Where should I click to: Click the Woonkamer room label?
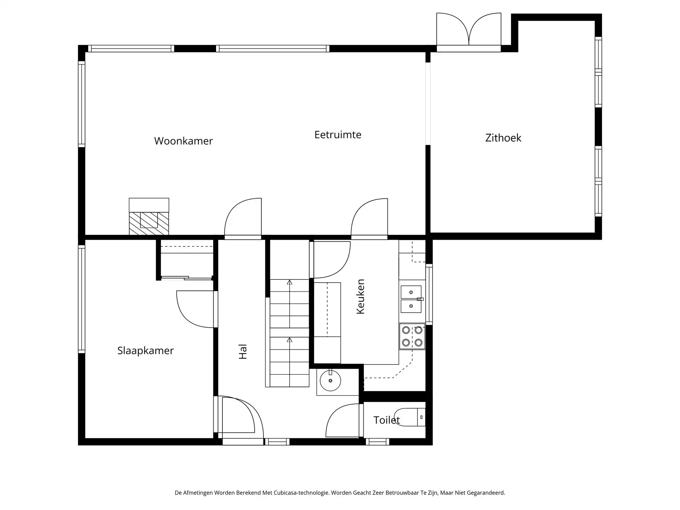pyautogui.click(x=183, y=141)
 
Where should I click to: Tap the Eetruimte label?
pyautogui.click(x=338, y=135)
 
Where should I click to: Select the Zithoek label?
pyautogui.click(x=503, y=138)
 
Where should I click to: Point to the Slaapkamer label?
pyautogui.click(x=145, y=351)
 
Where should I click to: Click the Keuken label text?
pyautogui.click(x=360, y=296)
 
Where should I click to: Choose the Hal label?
pyautogui.click(x=243, y=352)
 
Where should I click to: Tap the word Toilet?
pyautogui.click(x=386, y=420)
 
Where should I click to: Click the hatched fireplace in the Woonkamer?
pyautogui.click(x=149, y=223)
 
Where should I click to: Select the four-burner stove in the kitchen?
pyautogui.click(x=412, y=336)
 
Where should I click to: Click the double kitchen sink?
pyautogui.click(x=411, y=299)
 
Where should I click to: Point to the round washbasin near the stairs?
pyautogui.click(x=330, y=381)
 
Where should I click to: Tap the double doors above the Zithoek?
pyautogui.click(x=469, y=30)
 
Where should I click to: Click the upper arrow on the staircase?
pyautogui.click(x=289, y=282)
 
